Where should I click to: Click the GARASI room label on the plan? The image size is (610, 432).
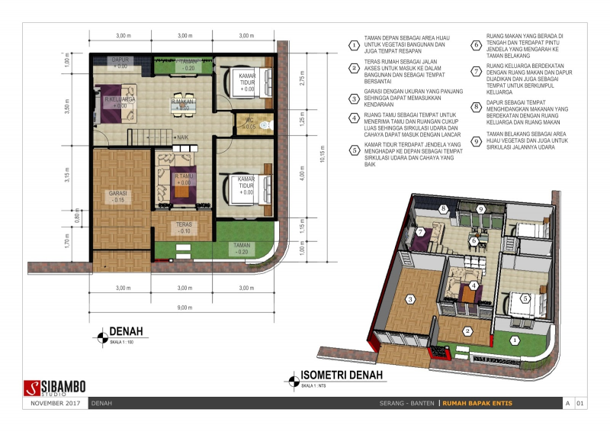[117, 194]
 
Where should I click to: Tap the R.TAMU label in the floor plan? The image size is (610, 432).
[181, 176]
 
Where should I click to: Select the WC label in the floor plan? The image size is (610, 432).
[249, 121]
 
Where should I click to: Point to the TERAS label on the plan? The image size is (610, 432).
[183, 225]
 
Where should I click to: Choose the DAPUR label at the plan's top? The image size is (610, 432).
[120, 59]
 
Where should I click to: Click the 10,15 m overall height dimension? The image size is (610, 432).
[322, 159]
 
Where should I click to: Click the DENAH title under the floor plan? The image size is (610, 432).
[127, 331]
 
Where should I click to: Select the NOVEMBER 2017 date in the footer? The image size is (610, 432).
[55, 403]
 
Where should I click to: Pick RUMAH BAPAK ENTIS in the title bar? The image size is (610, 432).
[477, 403]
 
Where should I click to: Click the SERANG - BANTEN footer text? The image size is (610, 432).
[407, 403]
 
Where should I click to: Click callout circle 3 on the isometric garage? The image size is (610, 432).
[409, 300]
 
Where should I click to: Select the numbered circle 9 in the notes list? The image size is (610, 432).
[476, 140]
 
